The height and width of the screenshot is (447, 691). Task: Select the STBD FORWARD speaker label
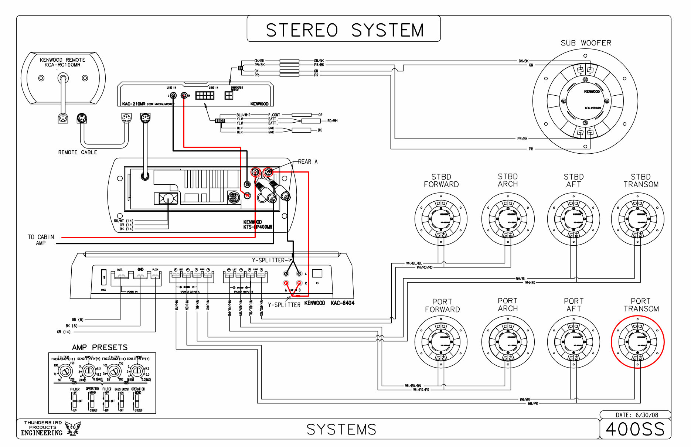point(441,181)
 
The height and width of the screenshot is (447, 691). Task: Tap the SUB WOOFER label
point(586,43)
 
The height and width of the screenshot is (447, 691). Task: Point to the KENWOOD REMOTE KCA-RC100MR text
point(62,62)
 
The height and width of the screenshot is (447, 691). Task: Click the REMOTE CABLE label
point(78,152)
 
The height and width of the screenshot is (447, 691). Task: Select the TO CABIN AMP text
point(41,240)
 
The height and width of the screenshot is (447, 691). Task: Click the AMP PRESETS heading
point(100,347)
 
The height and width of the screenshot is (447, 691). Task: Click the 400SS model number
point(635,429)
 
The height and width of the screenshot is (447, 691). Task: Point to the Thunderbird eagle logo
point(73,429)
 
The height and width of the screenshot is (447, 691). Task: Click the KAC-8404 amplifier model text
point(343,303)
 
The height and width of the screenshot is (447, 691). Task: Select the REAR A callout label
point(307,161)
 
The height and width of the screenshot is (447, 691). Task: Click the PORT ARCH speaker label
point(508,305)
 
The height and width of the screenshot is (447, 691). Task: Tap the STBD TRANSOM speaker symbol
point(637,219)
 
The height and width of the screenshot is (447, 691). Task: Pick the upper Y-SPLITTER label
point(268,260)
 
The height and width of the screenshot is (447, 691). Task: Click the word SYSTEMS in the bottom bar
point(341,430)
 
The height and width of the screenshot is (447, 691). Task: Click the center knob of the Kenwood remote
point(63,78)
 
